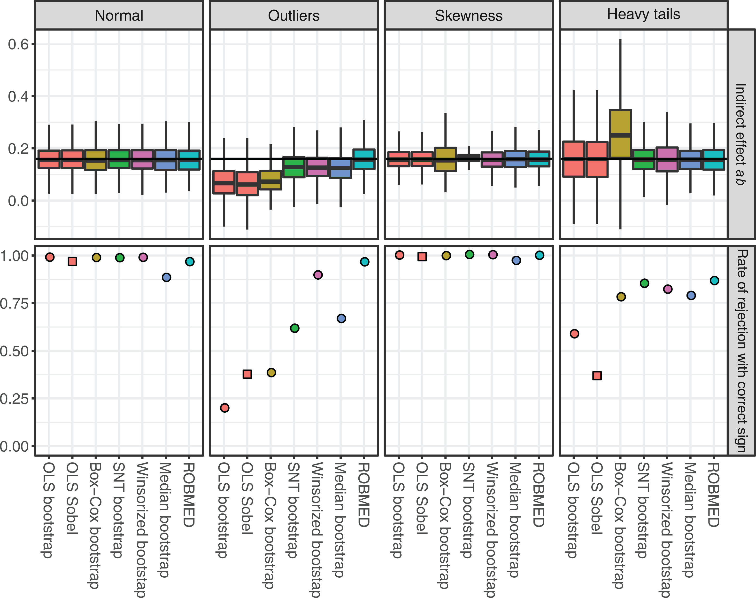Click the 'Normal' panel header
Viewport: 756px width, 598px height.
[119, 16]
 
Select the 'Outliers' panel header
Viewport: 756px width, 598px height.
[294, 16]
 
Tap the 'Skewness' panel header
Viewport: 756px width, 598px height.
[469, 16]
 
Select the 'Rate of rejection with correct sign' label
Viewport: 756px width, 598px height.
[741, 351]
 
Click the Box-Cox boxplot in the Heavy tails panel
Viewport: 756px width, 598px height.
[620, 134]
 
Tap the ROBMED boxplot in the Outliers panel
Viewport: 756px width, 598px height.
[364, 159]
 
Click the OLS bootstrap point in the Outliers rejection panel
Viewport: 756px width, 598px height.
[224, 408]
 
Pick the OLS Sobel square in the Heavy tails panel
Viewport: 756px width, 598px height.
[597, 376]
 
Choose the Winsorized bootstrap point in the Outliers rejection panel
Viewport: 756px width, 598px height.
[318, 275]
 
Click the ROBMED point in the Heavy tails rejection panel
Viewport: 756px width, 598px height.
[714, 280]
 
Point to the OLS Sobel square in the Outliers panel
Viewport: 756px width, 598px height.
[247, 374]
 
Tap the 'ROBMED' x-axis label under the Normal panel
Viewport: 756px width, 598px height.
[189, 495]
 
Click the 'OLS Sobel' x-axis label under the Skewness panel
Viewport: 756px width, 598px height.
[422, 498]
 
